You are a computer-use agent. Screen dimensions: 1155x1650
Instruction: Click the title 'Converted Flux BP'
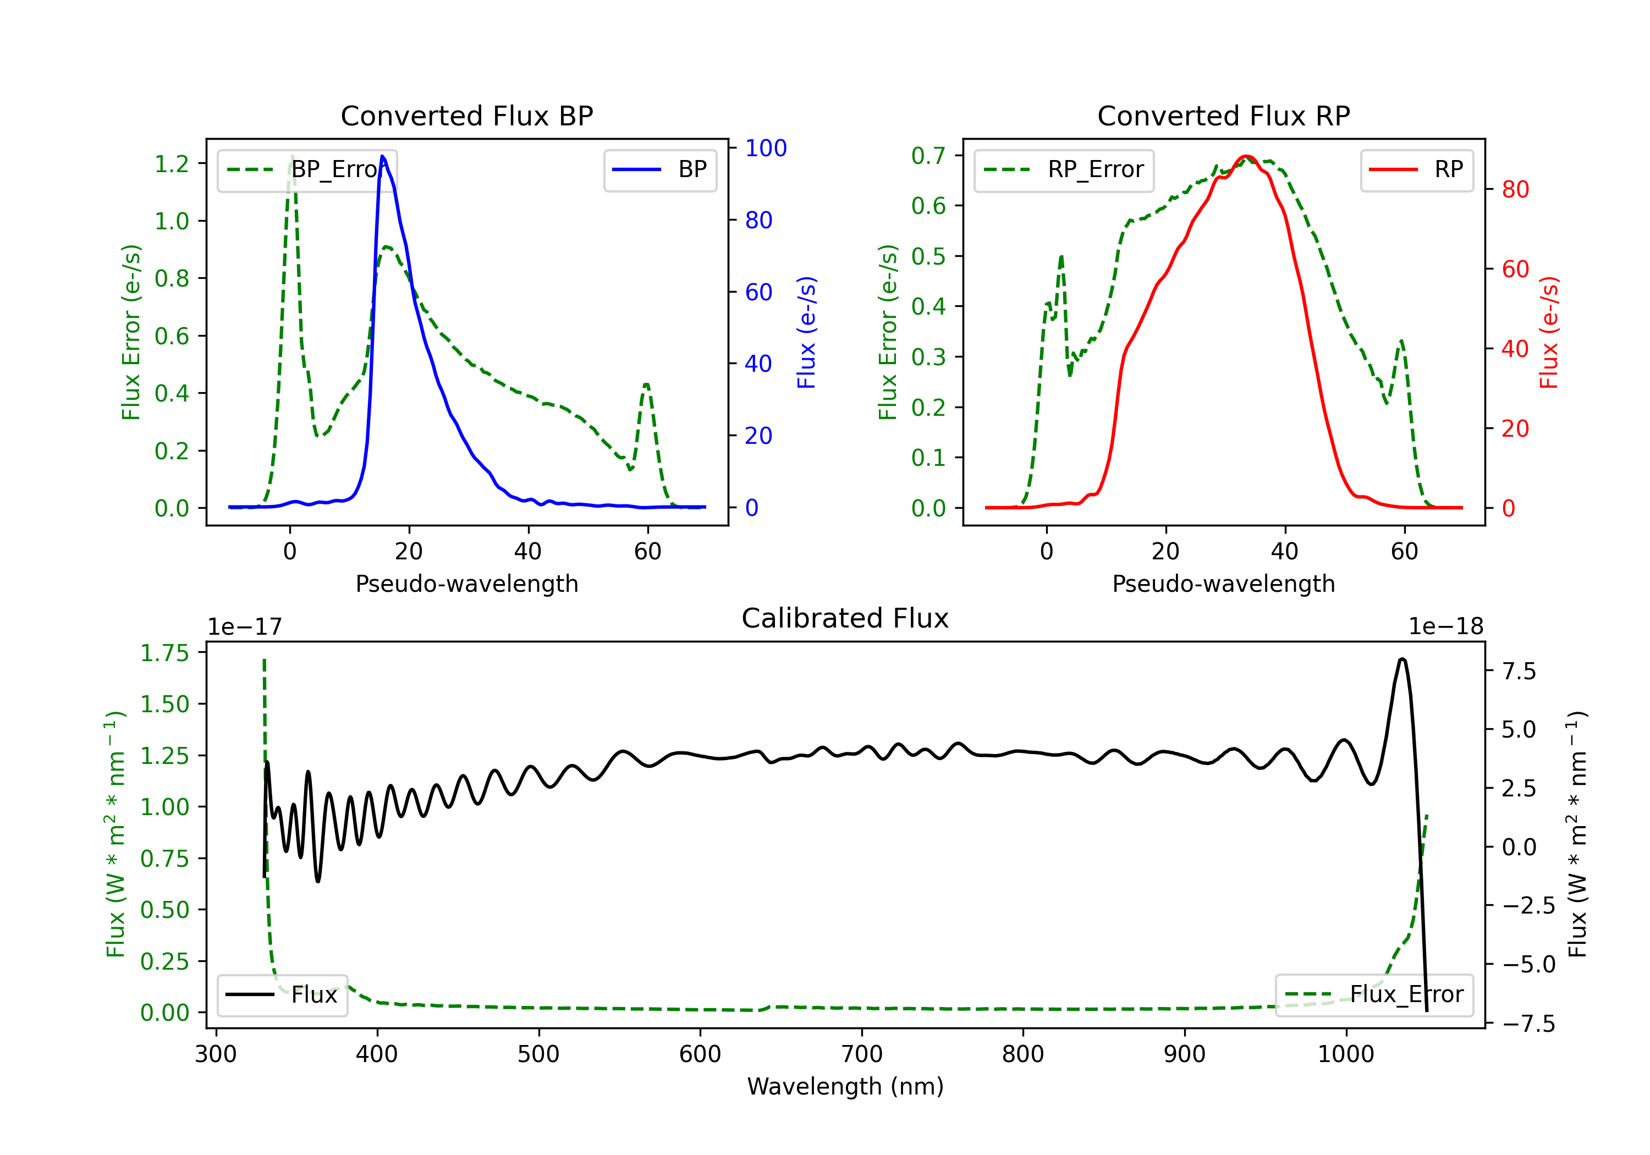(x=466, y=116)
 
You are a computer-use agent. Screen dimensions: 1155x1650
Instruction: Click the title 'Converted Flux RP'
(x=1223, y=116)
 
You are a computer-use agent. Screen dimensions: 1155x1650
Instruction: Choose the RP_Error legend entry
(x=1064, y=169)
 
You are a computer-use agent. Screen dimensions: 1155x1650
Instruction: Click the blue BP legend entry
(x=659, y=169)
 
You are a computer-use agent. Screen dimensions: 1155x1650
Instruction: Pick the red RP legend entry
(x=1416, y=169)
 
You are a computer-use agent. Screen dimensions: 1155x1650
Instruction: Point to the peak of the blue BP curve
(x=382, y=157)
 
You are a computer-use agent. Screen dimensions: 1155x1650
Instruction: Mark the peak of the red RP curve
(x=1246, y=157)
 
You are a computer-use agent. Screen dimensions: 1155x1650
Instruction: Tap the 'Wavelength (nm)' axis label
(x=845, y=1086)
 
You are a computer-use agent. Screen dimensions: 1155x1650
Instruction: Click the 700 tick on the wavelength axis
(x=862, y=1054)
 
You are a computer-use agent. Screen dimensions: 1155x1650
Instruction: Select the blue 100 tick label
(x=766, y=148)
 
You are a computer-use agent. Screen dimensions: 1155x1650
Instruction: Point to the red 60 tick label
(x=1515, y=269)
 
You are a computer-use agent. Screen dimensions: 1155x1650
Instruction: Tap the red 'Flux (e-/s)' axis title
(x=1549, y=332)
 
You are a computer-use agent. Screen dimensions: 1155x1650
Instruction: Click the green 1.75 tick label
(x=164, y=653)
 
